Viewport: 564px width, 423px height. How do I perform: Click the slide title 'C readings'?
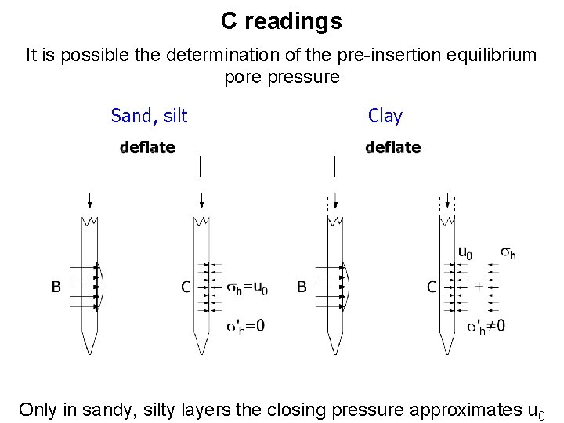tap(281, 21)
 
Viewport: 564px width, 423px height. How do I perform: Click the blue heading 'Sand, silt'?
tap(149, 116)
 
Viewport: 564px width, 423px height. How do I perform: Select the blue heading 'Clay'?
tap(385, 116)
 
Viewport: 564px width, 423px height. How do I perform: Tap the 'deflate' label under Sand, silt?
tap(147, 147)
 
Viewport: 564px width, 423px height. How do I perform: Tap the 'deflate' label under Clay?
tap(392, 147)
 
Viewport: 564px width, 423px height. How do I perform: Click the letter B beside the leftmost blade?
tap(56, 287)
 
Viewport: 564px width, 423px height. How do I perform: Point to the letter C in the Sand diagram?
tap(186, 287)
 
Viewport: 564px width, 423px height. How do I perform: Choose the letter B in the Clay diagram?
tap(302, 287)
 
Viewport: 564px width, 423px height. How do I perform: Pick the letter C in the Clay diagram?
tap(432, 287)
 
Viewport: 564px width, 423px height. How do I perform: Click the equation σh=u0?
tap(248, 288)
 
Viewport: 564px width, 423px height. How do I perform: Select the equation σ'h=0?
tap(245, 325)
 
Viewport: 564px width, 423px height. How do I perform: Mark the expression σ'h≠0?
tap(486, 325)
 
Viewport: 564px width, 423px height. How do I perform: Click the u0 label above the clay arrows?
tap(465, 252)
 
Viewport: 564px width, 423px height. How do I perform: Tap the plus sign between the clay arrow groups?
tap(479, 287)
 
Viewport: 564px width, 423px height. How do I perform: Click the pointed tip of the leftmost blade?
tap(89, 352)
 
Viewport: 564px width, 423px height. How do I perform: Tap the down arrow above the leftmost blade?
tap(89, 198)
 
